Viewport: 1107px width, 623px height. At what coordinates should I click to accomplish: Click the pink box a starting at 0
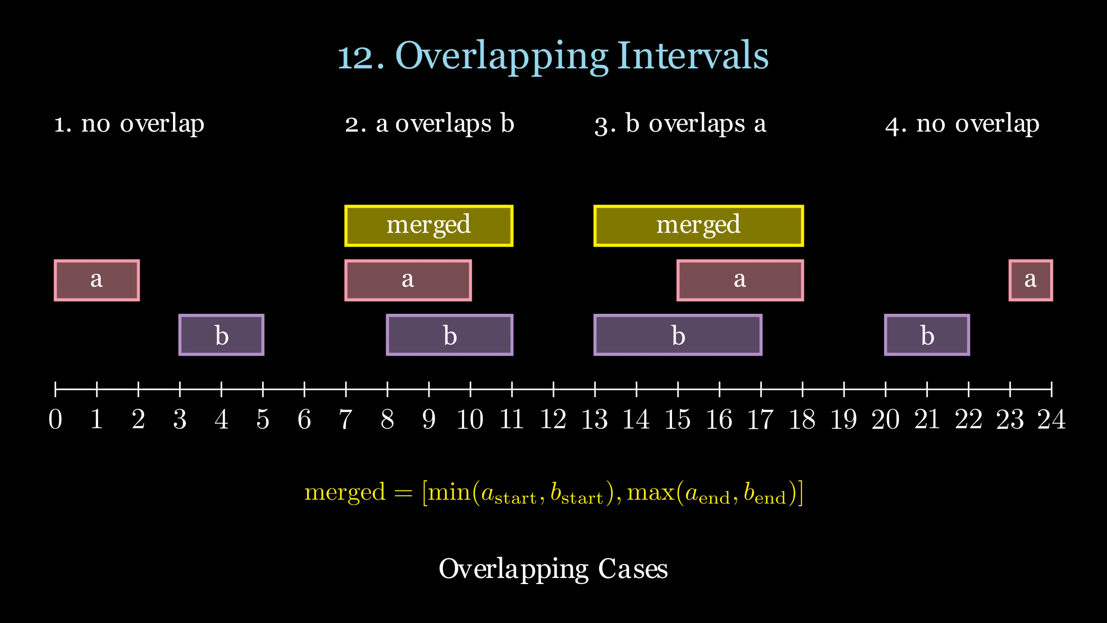[x=96, y=280]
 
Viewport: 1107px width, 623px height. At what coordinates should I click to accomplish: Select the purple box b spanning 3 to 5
[x=221, y=335]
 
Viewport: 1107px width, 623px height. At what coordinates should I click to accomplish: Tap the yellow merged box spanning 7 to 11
[x=429, y=226]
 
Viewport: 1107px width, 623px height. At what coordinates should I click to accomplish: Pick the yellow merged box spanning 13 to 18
[x=698, y=226]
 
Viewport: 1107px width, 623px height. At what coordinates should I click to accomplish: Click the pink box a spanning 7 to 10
[x=408, y=280]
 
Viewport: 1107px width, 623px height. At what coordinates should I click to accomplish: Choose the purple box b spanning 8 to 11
[x=449, y=335]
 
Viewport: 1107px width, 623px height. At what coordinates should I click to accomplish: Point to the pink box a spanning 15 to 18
[x=740, y=280]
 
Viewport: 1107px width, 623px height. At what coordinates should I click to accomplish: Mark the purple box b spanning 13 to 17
[x=678, y=335]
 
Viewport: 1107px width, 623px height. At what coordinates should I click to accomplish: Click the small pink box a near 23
[x=1030, y=280]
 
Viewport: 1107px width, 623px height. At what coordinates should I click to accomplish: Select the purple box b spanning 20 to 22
[x=927, y=335]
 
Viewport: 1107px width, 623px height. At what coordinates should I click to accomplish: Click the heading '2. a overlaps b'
[x=429, y=124]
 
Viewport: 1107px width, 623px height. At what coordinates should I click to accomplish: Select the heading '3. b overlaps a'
[x=680, y=124]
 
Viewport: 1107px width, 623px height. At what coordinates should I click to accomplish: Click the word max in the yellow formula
[x=651, y=492]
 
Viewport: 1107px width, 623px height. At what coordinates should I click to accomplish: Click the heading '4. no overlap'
[x=962, y=124]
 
